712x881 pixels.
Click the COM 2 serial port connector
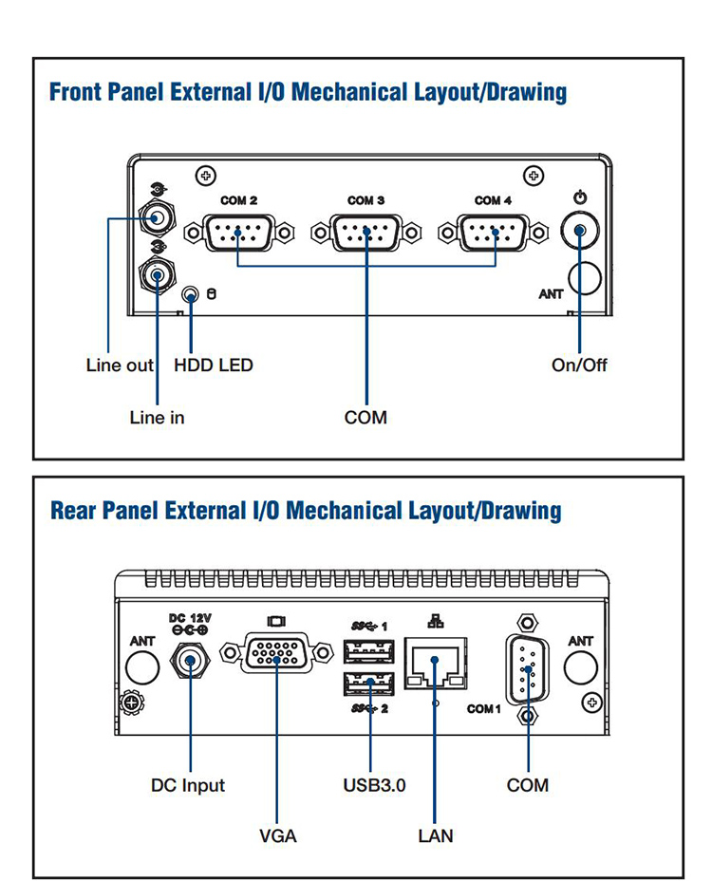236,231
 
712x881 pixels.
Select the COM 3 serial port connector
366,231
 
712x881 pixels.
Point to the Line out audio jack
156,219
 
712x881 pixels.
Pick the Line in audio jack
156,276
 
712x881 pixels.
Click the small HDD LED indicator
192,295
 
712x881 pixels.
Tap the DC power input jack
190,661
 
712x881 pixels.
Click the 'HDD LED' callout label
214,366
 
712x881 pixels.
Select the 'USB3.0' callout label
374,785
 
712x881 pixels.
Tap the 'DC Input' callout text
188,785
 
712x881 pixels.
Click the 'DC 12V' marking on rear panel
190,617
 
